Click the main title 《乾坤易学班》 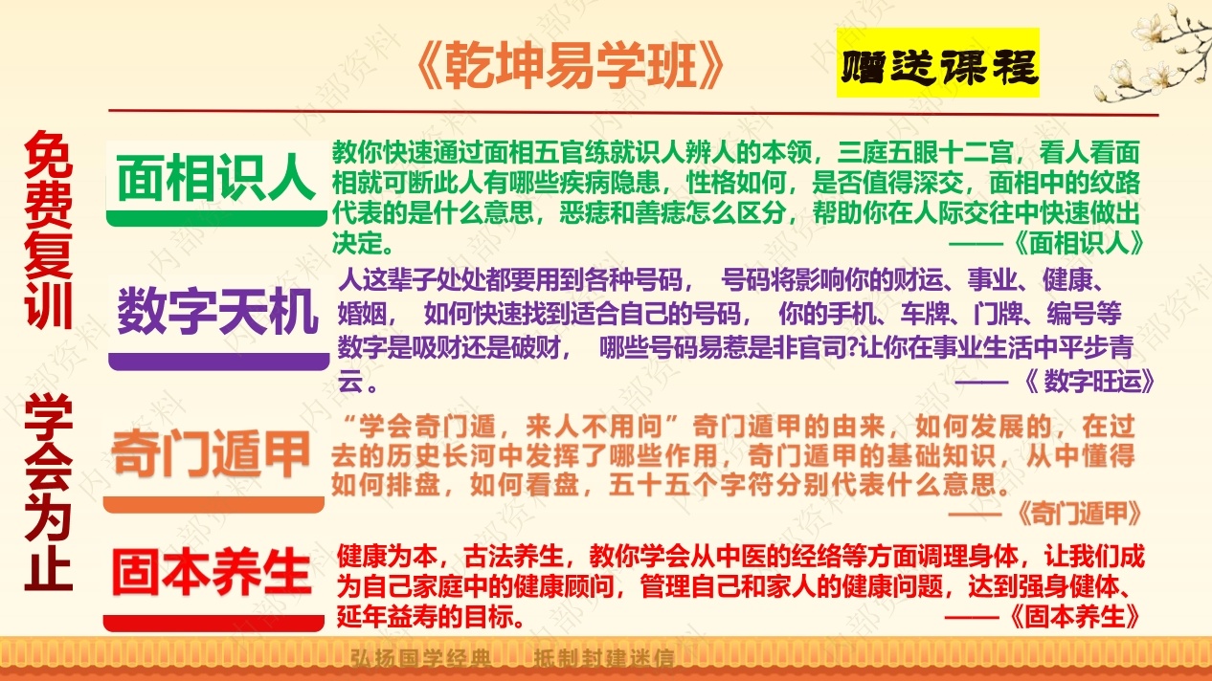[x=572, y=66]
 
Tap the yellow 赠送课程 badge [x=937, y=63]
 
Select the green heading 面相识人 [x=216, y=178]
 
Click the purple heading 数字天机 [x=217, y=312]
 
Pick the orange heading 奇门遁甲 [x=211, y=454]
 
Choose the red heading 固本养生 [x=212, y=571]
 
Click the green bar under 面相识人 [x=216, y=218]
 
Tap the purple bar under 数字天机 [x=218, y=362]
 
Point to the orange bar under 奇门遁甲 [x=213, y=505]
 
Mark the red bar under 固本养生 [x=213, y=623]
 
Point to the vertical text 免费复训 [x=48, y=230]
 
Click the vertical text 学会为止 [x=48, y=492]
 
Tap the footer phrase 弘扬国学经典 [x=420, y=658]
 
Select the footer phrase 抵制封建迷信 [x=604, y=658]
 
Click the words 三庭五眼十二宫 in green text [x=925, y=152]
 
